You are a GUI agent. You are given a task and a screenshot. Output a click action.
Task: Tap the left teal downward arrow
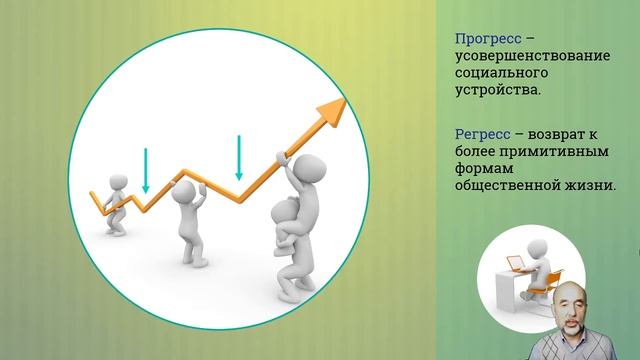(146, 170)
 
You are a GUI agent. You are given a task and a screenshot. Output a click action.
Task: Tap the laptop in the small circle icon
(516, 265)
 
